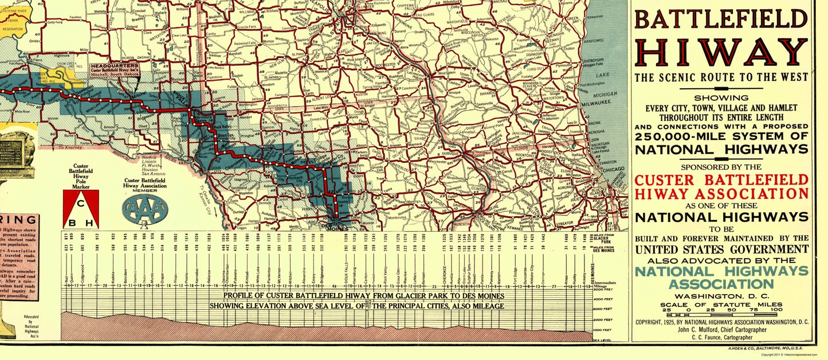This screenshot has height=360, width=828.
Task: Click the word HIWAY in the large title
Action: pyautogui.click(x=721, y=53)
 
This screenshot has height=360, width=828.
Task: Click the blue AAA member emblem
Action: pyautogui.click(x=146, y=210)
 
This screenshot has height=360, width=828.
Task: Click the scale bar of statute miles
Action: pyautogui.click(x=721, y=315)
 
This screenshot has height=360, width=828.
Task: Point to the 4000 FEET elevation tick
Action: pyautogui.click(x=602, y=299)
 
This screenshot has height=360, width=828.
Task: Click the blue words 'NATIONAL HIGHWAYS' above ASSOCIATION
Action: pyautogui.click(x=721, y=271)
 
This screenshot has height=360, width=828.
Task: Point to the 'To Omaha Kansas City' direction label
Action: pyautogui.click(x=207, y=201)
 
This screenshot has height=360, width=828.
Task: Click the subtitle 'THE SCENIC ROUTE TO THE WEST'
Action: pyautogui.click(x=721, y=77)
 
